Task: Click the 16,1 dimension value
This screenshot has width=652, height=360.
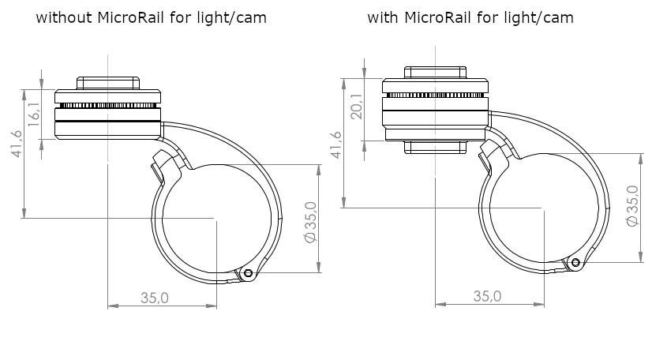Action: click(35, 114)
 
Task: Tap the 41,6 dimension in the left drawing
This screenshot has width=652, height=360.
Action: click(17, 144)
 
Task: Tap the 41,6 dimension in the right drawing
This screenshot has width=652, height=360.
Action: click(336, 144)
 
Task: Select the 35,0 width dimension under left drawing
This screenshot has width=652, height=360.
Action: click(155, 298)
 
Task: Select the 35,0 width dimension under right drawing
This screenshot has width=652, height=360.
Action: click(487, 296)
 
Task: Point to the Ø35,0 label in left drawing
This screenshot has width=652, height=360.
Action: click(311, 222)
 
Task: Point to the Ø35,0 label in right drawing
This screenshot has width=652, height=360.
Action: click(632, 206)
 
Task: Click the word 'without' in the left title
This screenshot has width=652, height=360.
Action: click(64, 17)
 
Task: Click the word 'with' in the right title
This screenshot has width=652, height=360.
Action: click(383, 17)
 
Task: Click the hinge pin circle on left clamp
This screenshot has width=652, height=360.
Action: click(248, 273)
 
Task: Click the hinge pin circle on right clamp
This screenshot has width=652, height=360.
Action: click(575, 262)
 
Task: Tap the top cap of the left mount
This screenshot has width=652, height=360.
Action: click(108, 83)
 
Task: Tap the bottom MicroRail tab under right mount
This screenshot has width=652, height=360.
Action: click(436, 147)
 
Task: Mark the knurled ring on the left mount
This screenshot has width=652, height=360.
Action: click(108, 106)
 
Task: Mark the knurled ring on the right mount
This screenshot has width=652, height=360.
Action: click(436, 96)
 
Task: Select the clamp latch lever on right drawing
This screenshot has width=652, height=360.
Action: click(493, 155)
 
